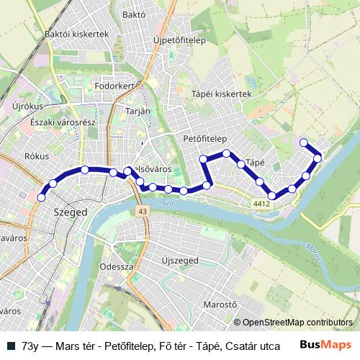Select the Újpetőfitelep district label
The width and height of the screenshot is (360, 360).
[x=180, y=40]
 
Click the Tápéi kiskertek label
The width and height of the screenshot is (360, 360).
[x=221, y=94]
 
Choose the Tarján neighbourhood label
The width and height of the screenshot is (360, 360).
[x=138, y=111]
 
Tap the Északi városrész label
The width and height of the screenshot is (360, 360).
[x=63, y=122]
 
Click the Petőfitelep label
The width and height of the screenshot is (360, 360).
[x=205, y=138]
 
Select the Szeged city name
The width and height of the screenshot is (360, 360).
[x=71, y=212]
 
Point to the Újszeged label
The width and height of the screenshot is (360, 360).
[x=180, y=259]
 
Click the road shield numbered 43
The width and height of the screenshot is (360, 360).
[x=143, y=211]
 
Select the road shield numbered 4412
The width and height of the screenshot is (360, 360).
[x=261, y=204]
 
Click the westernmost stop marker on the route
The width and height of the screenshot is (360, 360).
[x=41, y=197]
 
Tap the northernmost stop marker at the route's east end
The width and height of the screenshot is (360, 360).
[x=304, y=143]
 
